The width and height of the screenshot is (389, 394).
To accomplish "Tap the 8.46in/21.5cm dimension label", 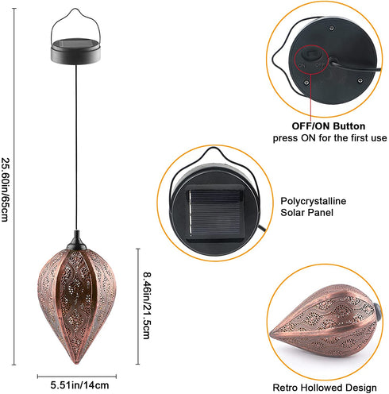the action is pos(147,305).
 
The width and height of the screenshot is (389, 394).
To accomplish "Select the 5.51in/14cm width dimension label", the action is pos(79,385).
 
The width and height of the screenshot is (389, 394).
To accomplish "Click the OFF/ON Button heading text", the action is pos(329,126).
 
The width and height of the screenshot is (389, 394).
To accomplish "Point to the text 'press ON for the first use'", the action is pos(329,138).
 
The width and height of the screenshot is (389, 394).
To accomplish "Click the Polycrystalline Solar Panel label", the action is pos(313,207).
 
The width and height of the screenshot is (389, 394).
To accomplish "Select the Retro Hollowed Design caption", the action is pos(325,388).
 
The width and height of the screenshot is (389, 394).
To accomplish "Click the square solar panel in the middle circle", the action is pos(214,212).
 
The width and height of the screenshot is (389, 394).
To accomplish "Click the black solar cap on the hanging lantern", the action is pos(75,51).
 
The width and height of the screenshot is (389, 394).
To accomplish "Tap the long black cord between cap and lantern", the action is pos(76,147).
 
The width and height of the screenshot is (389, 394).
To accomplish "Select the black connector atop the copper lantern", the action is pos(77,241).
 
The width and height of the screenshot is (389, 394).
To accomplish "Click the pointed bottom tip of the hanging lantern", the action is pos(76,363).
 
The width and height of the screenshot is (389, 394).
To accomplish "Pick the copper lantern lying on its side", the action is pos(325,321).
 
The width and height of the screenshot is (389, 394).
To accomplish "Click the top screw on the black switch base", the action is pos(331,28).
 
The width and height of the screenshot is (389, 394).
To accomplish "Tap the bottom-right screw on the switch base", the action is pos(360,80).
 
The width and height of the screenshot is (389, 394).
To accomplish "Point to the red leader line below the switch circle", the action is pos(310,97).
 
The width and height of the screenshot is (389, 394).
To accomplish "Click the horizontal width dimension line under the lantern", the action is pos(77,376).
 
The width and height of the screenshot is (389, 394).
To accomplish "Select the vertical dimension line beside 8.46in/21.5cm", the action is pos(137,307).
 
